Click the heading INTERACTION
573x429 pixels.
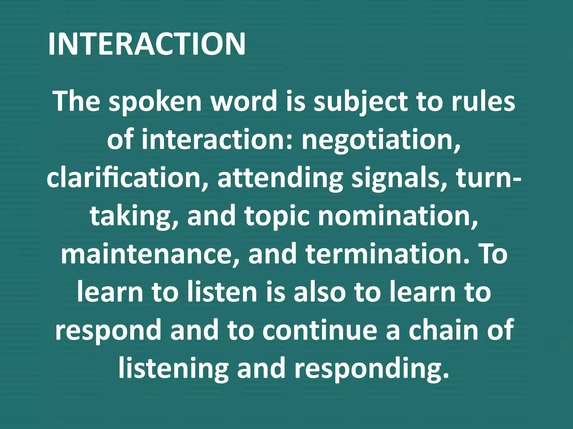[147, 44]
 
